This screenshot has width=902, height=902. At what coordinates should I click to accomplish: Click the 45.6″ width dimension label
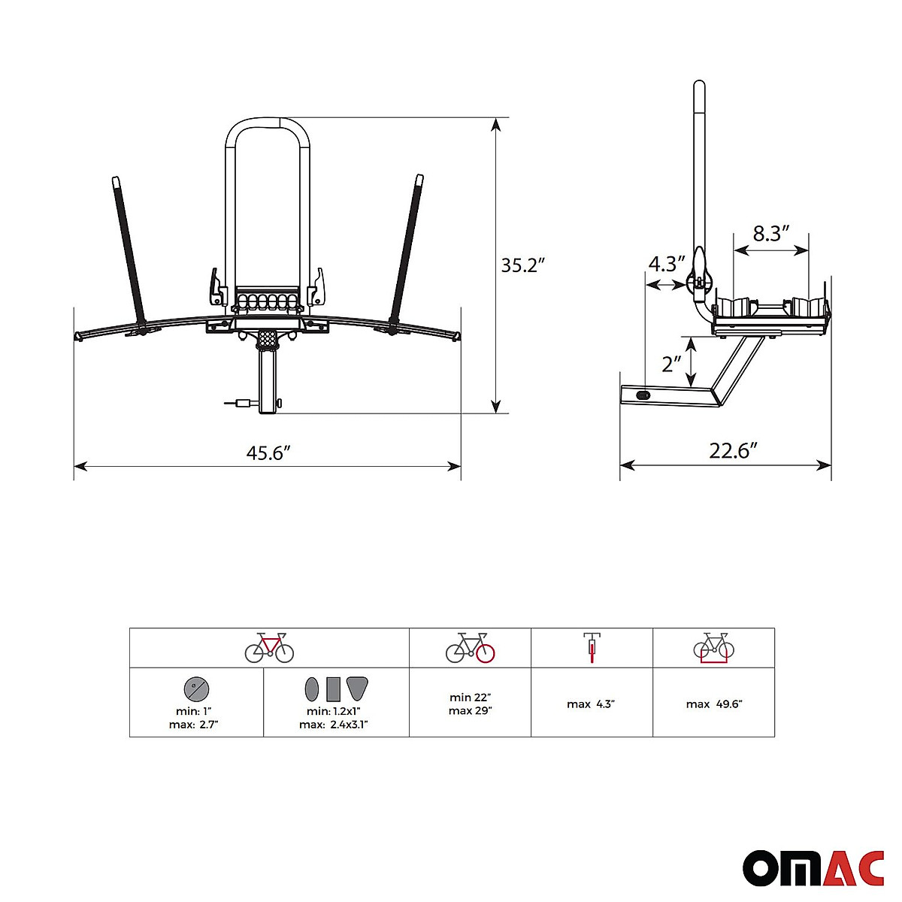[x=268, y=453]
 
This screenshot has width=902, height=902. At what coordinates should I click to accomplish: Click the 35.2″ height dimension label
[x=522, y=265]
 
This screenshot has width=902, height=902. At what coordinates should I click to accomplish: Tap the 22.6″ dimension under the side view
[x=733, y=451]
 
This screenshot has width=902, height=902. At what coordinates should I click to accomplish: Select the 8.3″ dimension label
[x=770, y=234]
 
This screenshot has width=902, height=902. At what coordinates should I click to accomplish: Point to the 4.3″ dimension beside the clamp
[x=667, y=264]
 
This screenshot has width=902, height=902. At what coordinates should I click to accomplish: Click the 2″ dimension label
[x=671, y=364]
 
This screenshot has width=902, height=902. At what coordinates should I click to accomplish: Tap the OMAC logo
[x=813, y=868]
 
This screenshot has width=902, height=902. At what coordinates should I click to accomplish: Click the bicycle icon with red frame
[x=269, y=648]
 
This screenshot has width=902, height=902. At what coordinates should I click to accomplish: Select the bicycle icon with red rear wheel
[x=471, y=648]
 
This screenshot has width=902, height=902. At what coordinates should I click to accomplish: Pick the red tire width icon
[x=592, y=648]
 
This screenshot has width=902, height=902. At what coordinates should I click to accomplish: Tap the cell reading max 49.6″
[x=713, y=704]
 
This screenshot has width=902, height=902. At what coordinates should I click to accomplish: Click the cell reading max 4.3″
[x=592, y=704]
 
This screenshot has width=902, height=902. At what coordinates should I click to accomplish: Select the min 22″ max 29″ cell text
[x=470, y=704]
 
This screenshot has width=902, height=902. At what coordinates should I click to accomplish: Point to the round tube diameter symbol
[x=196, y=688]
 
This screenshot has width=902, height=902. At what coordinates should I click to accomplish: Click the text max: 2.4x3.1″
[x=333, y=725]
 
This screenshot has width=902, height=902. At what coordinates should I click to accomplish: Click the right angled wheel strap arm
[x=406, y=248]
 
